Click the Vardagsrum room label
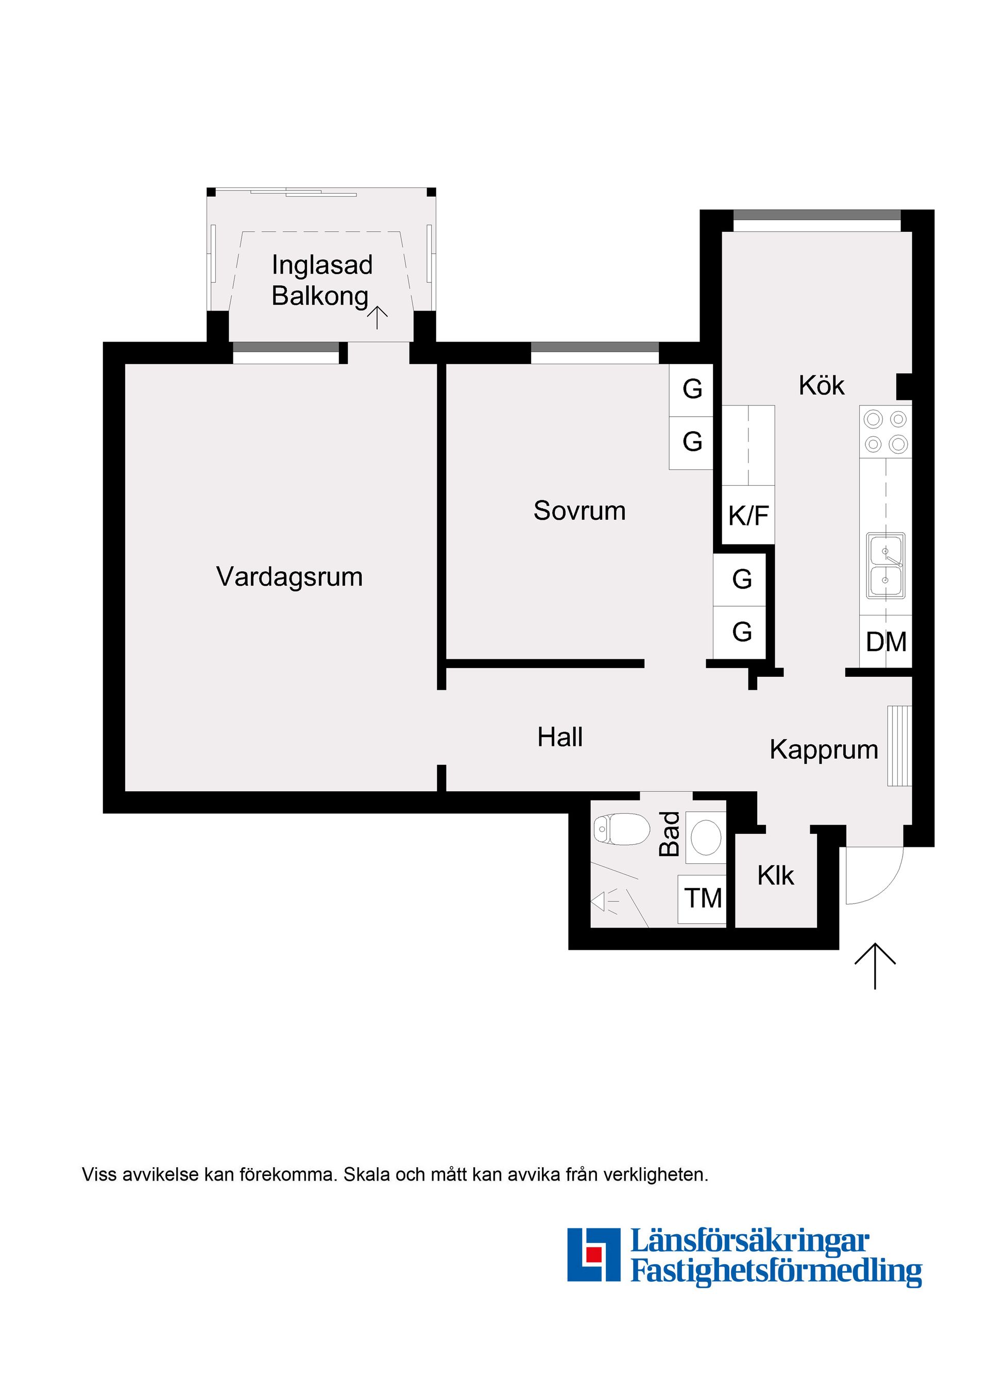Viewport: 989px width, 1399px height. tap(289, 576)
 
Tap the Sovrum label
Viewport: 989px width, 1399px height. tap(579, 510)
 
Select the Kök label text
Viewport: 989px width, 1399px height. tap(822, 386)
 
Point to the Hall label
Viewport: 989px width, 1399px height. tap(559, 737)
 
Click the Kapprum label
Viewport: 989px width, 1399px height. tap(823, 749)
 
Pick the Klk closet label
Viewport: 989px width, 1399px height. tap(775, 876)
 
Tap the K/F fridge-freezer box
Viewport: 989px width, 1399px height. tap(748, 516)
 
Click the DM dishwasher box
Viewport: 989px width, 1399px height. tap(885, 642)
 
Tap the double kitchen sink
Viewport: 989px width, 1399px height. tap(886, 565)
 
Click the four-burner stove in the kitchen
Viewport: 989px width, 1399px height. tap(885, 432)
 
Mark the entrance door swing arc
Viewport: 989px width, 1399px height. tap(886, 886)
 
